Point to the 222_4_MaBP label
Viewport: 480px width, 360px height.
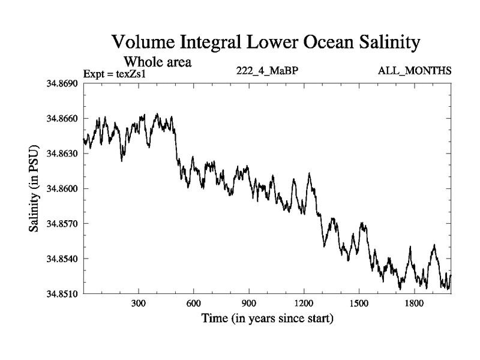click(267, 71)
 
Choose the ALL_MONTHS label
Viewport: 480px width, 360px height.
click(415, 71)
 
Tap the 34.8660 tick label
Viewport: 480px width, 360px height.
click(58, 119)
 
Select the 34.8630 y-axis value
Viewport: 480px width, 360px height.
click(58, 154)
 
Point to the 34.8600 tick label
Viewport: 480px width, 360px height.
click(58, 189)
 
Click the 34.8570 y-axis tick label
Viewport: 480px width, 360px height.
click(58, 224)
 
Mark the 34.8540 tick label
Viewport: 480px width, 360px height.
click(58, 259)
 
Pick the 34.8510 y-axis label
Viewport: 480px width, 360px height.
click(58, 294)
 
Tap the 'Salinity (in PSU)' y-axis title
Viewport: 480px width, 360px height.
click(34, 188)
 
